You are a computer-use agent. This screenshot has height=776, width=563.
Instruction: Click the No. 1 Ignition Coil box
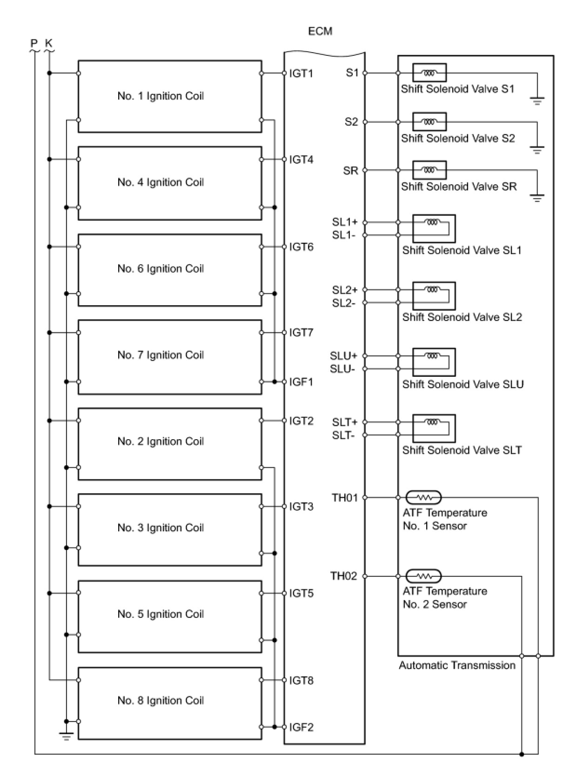point(170,96)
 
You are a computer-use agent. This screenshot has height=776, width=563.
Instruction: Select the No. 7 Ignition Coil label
point(161,355)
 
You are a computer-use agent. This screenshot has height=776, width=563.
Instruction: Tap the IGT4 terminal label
point(301,160)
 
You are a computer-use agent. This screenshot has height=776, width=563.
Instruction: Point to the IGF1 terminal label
point(301,382)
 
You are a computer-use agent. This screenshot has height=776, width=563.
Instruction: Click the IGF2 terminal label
point(301,727)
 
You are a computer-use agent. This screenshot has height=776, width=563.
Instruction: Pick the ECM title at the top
point(320,31)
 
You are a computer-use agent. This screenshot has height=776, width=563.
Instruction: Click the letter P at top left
point(34,43)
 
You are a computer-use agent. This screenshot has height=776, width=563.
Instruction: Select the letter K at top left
point(49,43)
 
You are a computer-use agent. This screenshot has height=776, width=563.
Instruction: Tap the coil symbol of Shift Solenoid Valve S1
point(429,73)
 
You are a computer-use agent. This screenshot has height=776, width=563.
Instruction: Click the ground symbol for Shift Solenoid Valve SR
point(537,199)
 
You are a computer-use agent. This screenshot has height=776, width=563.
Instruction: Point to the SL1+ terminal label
point(345,222)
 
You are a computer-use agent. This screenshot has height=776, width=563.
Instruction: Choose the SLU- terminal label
point(342,369)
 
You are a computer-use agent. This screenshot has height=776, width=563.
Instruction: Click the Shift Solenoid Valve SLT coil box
point(434,428)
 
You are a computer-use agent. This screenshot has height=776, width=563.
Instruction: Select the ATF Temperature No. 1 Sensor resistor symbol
point(423,498)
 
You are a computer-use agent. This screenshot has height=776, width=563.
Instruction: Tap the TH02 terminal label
point(343,576)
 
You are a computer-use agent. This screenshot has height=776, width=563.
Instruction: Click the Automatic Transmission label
point(457,665)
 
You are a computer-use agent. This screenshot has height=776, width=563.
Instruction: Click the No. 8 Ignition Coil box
point(170,703)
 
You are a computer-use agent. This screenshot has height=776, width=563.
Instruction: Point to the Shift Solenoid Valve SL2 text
point(462,317)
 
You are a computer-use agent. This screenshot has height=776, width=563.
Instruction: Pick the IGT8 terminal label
point(301,681)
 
